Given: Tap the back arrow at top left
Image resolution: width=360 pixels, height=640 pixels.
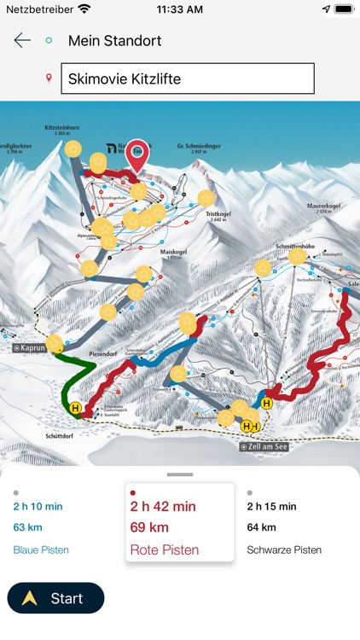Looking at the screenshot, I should (x=22, y=40).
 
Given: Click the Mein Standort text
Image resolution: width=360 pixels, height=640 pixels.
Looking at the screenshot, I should (x=114, y=40).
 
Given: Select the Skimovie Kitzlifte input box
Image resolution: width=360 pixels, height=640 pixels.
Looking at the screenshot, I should (x=187, y=79).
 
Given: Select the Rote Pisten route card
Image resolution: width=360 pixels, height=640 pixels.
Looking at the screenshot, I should (x=179, y=521).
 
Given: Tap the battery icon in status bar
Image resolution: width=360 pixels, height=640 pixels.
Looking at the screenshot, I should (x=344, y=9).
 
